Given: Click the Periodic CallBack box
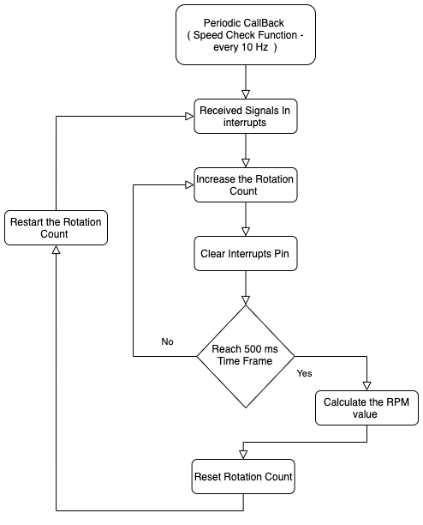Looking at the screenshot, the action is (x=246, y=34).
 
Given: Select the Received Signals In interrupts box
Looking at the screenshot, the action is (x=246, y=116).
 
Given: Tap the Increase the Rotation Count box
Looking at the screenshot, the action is (x=246, y=184).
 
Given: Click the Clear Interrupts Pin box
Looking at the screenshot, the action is (x=246, y=253).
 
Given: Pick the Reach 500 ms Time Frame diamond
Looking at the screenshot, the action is (x=246, y=356).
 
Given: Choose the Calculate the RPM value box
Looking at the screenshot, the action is (x=366, y=407).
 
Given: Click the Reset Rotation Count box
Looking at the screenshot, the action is (x=243, y=476).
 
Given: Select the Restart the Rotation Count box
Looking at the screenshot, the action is (x=57, y=227).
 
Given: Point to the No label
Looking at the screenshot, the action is (x=167, y=341).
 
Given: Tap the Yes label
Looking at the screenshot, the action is (x=304, y=373).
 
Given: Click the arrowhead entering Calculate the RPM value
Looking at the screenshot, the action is (x=366, y=386).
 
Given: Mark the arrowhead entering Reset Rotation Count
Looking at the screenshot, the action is (x=243, y=455).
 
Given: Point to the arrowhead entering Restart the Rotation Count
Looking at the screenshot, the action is (x=57, y=250).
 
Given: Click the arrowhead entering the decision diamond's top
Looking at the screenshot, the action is (x=246, y=300).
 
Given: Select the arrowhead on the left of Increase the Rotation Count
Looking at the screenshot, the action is (x=190, y=184).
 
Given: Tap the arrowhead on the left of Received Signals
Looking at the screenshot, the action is (x=190, y=116).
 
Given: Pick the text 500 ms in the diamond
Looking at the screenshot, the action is (x=261, y=349).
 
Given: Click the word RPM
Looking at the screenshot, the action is (x=397, y=401).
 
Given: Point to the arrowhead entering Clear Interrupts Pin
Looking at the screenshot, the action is (x=246, y=232).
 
